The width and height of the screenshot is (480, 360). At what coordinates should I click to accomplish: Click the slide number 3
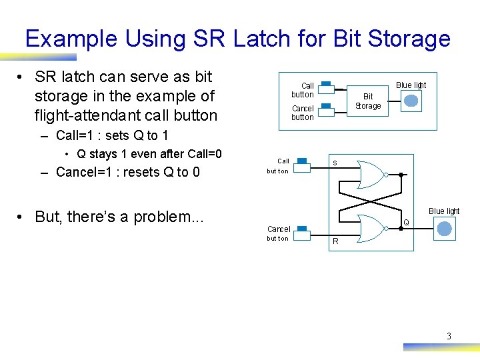click(449, 336)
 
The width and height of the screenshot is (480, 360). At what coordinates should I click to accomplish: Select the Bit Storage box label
click(368, 101)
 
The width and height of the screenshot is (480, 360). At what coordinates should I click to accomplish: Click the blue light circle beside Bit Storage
click(411, 101)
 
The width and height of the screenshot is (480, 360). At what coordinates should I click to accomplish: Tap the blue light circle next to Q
click(443, 229)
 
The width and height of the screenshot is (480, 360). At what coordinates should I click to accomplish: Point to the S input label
click(335, 163)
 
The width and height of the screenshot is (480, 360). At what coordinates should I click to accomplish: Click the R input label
click(335, 241)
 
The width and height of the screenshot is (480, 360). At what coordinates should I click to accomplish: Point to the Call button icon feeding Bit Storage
click(326, 88)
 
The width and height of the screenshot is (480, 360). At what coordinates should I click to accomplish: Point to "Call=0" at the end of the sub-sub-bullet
click(201, 154)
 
